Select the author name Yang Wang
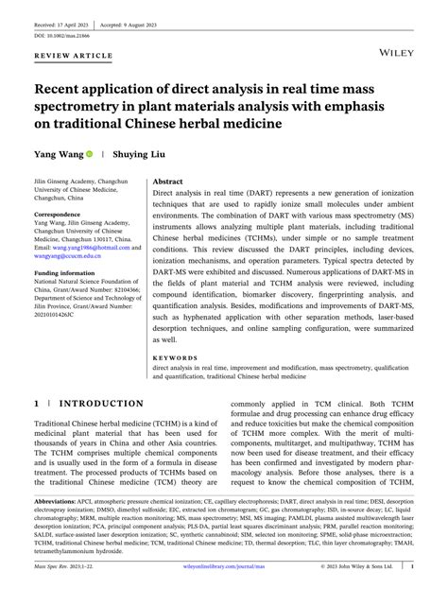58,152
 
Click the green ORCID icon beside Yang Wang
90,152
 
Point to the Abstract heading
168,180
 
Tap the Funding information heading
68,272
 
